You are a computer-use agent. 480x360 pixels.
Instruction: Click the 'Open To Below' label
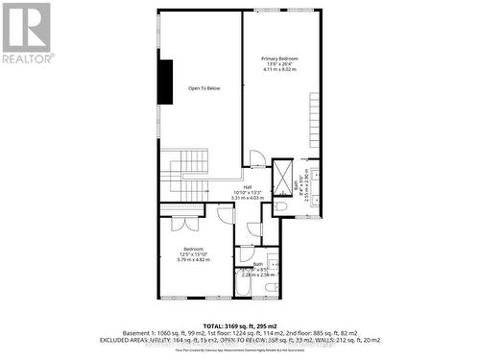(203, 88)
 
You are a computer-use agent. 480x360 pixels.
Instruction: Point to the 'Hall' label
(247, 186)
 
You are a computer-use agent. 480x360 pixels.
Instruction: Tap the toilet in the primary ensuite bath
(280, 205)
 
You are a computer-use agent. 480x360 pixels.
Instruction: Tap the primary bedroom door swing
(256, 159)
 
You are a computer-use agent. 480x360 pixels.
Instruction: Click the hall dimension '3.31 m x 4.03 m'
(247, 198)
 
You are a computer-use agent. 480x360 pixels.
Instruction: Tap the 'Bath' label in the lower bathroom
(258, 264)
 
